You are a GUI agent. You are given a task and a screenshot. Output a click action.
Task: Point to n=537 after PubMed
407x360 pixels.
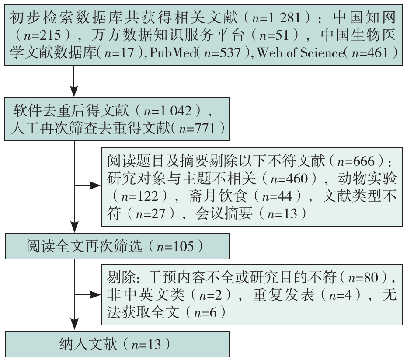point(223,53)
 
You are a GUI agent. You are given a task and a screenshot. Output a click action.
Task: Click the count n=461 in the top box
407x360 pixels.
point(370,53)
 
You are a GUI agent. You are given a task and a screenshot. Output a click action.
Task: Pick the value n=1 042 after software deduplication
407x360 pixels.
point(168,111)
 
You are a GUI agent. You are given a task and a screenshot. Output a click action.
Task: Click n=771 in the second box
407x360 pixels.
point(197,128)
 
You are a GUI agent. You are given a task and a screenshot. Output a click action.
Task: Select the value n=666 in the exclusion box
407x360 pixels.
point(356,161)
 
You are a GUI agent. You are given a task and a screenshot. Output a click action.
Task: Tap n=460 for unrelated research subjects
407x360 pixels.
point(289,179)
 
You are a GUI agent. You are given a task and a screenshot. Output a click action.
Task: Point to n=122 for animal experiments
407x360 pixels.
point(139,196)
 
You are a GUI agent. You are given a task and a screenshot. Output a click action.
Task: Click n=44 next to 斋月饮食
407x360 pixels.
point(277,196)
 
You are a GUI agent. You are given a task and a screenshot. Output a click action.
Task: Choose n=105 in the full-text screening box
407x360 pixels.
point(175,246)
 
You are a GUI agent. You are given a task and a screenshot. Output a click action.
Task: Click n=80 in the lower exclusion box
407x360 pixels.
point(363,278)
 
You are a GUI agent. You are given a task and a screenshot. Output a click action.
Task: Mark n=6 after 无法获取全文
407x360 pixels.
point(205,312)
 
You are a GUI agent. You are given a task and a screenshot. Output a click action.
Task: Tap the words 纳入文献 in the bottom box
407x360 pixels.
point(88,344)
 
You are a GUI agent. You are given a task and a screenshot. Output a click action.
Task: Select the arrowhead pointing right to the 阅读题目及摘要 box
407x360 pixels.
point(95,186)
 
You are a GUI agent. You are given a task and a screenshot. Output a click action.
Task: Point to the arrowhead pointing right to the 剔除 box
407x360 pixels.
point(95,295)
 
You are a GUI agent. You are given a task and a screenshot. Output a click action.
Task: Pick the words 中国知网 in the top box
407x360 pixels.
point(365,18)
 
